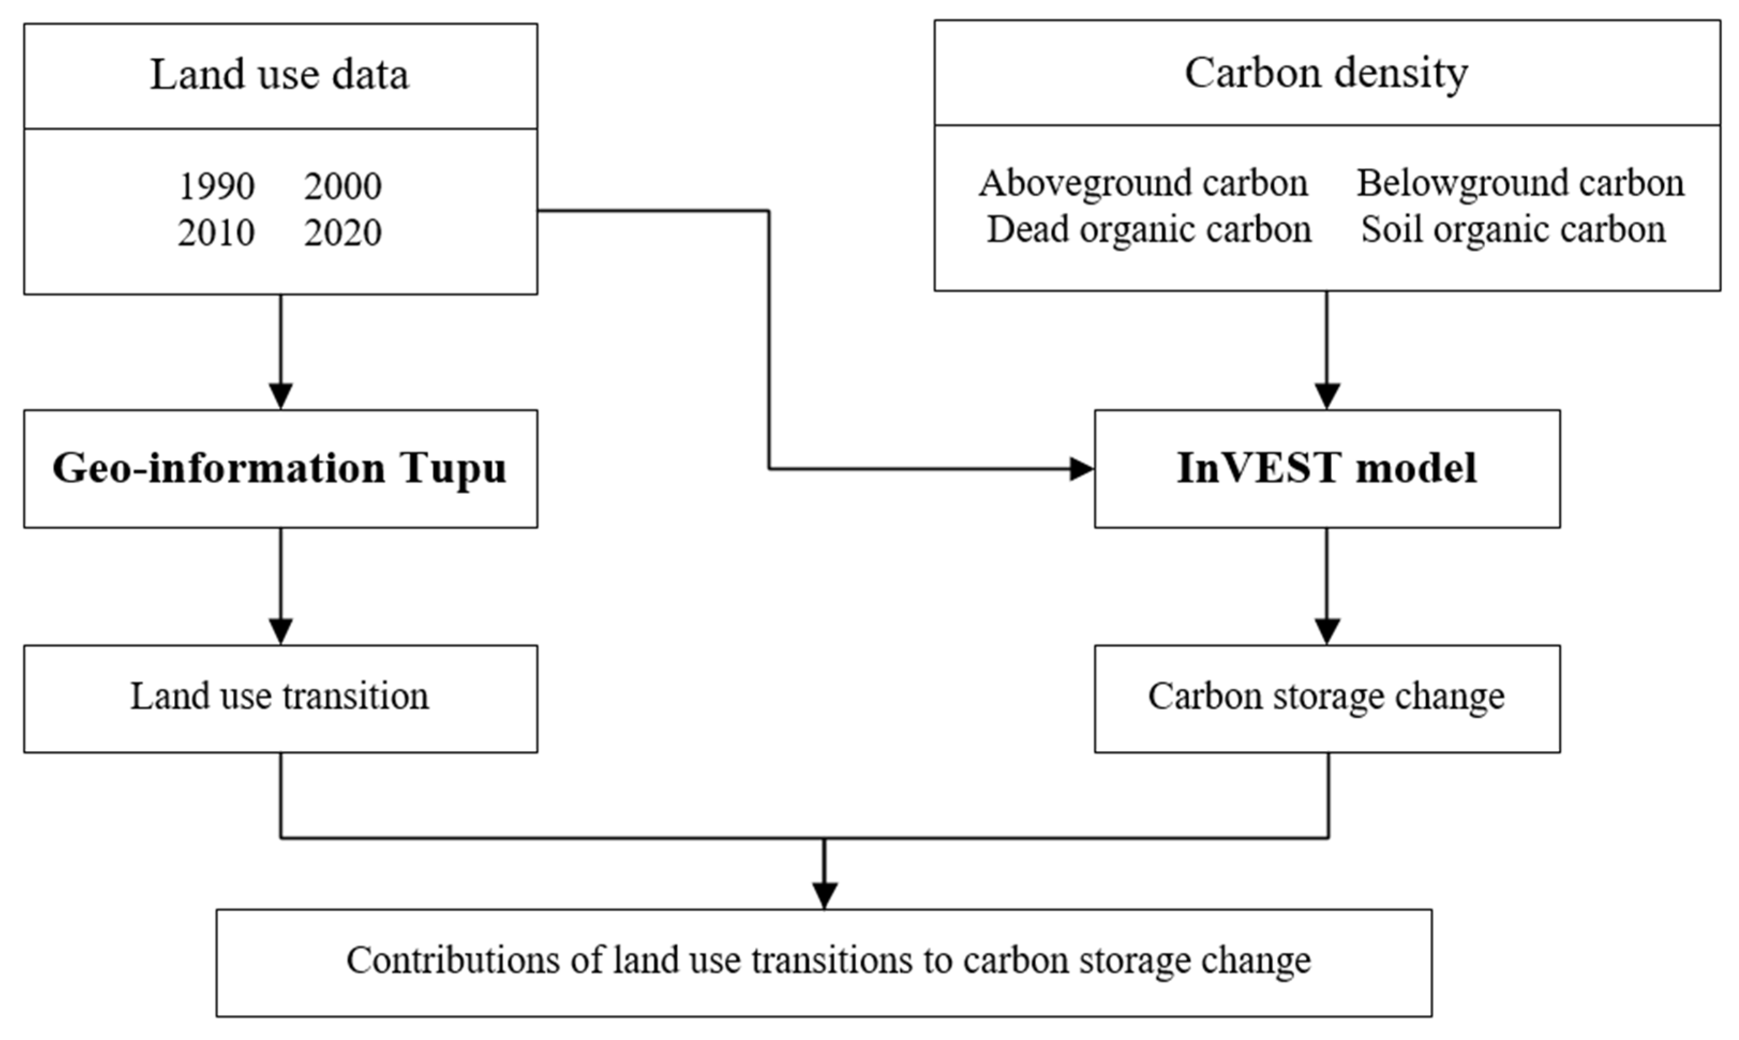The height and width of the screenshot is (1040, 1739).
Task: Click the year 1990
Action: click(216, 186)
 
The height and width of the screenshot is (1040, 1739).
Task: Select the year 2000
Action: click(343, 186)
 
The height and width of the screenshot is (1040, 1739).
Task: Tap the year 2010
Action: click(216, 233)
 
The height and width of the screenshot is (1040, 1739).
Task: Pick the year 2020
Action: click(343, 233)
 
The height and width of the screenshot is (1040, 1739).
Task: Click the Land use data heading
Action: click(280, 75)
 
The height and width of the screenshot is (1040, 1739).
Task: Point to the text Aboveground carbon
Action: click(1143, 184)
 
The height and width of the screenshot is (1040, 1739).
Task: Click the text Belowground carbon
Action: click(1520, 184)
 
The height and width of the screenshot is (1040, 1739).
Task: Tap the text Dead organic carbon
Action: click(1149, 230)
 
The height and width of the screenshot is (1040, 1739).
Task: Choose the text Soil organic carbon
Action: click(1513, 230)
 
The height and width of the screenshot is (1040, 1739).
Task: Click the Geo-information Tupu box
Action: click(280, 468)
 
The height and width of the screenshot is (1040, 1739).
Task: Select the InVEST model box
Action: click(1326, 468)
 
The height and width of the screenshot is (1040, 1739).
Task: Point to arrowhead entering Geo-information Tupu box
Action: click(281, 396)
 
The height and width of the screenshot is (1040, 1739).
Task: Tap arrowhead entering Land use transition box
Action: click(281, 631)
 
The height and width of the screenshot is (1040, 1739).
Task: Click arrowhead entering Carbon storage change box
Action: click(1327, 631)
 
